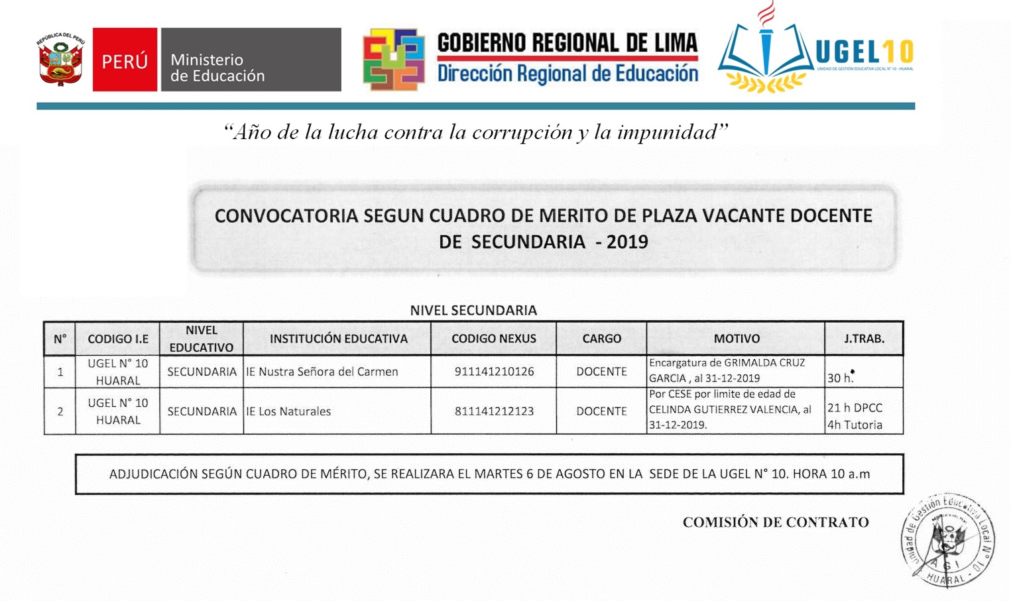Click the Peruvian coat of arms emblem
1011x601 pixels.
[x=60, y=60]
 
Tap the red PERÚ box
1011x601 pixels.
[x=125, y=60]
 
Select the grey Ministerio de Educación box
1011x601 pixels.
[x=251, y=60]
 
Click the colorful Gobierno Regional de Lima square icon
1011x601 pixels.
[x=394, y=60]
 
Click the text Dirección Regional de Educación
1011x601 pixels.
[x=567, y=74]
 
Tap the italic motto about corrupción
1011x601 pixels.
[x=475, y=132]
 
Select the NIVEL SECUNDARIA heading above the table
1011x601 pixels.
[x=473, y=310]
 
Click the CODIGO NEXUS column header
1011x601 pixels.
[x=493, y=339]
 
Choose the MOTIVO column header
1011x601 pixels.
[x=736, y=339]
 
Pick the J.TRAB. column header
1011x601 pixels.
[x=864, y=339]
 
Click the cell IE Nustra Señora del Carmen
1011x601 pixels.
[x=322, y=372]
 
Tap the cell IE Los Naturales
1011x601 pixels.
[x=288, y=411]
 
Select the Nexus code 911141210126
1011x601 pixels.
[x=494, y=372]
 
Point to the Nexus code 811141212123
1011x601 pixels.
[x=494, y=411]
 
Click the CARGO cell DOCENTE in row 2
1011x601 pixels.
[x=601, y=411]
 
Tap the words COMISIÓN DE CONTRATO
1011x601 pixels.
[x=776, y=522]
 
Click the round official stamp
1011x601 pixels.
[x=947, y=540]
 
